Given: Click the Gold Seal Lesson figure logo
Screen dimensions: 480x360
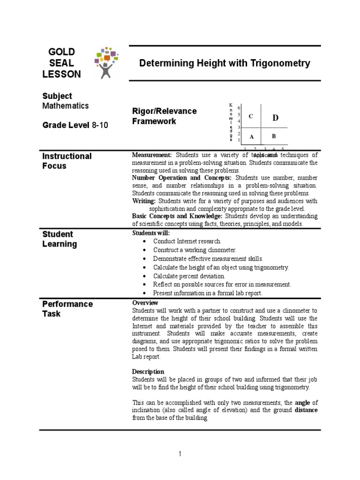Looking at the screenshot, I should (x=107, y=62).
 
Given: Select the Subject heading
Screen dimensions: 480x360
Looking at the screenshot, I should (x=57, y=96).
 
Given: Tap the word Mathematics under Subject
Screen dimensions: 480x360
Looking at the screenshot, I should (x=65, y=106).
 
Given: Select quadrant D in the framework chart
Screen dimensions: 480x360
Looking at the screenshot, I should (x=275, y=118).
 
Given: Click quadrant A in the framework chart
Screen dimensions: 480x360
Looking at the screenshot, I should (x=251, y=137).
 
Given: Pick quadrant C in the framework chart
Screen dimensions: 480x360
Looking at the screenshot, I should (x=251, y=116).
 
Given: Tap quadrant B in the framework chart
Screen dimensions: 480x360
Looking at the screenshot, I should (x=275, y=136).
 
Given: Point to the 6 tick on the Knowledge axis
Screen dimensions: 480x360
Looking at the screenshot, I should (x=239, y=108).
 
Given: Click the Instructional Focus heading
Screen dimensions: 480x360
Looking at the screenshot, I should (x=67, y=161).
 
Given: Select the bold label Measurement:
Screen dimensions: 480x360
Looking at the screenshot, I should (x=152, y=155).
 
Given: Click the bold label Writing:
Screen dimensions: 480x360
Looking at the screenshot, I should (x=143, y=201).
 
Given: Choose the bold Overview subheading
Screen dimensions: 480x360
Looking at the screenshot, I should (x=145, y=303).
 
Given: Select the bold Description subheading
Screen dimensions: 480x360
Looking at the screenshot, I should (x=148, y=371).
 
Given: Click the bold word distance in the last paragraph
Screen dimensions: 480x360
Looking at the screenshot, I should (x=306, y=410).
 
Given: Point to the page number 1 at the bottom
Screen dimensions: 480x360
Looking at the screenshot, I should (x=180, y=454).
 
